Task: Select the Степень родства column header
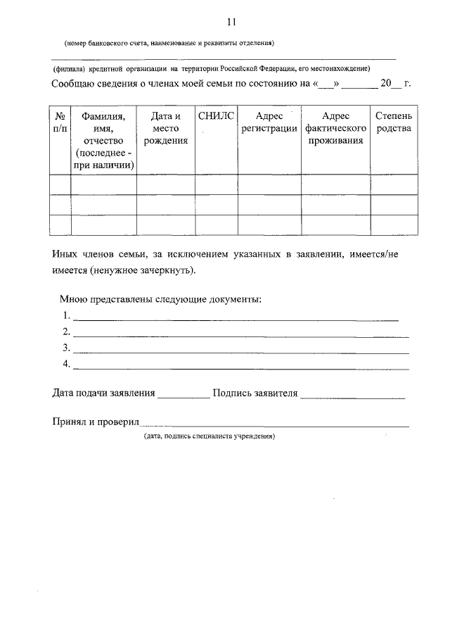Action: click(x=394, y=122)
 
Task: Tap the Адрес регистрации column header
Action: click(x=269, y=122)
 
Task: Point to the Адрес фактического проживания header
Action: click(x=335, y=128)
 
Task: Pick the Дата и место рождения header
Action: click(x=166, y=128)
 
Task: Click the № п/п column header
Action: click(x=60, y=122)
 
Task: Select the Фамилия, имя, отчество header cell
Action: click(x=103, y=140)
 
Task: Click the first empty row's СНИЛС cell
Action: click(x=217, y=184)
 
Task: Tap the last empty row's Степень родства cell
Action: click(x=394, y=225)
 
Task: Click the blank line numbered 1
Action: click(x=236, y=319)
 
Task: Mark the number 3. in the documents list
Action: click(x=66, y=348)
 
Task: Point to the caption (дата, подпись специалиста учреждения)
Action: click(x=209, y=436)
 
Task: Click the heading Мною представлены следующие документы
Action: click(x=161, y=300)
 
